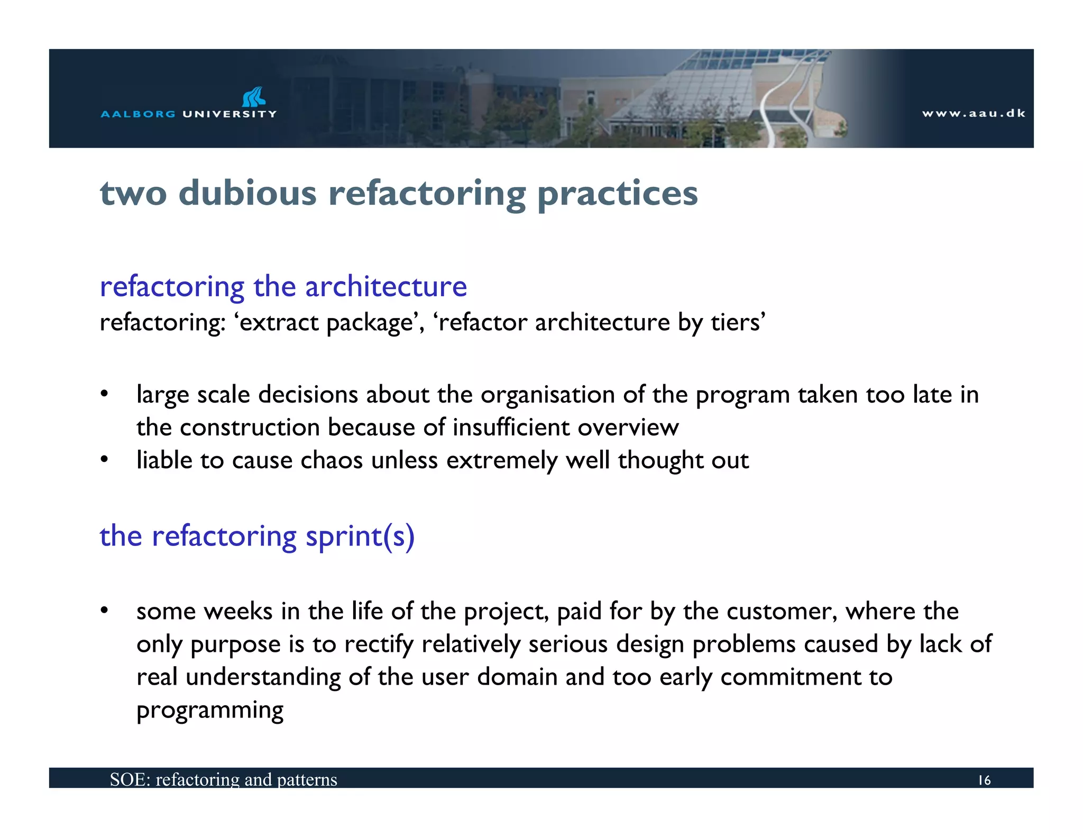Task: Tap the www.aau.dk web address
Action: click(973, 113)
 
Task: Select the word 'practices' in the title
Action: click(617, 194)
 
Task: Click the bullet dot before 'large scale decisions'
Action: click(105, 394)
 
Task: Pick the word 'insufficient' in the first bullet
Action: click(511, 427)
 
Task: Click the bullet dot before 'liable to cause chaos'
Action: click(105, 460)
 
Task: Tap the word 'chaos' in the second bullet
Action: click(332, 460)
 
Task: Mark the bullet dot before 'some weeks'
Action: click(105, 611)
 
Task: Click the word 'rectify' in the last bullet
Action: click(378, 644)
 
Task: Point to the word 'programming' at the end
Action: click(210, 711)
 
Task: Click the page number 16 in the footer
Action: click(984, 780)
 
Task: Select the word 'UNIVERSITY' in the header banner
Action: click(230, 114)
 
